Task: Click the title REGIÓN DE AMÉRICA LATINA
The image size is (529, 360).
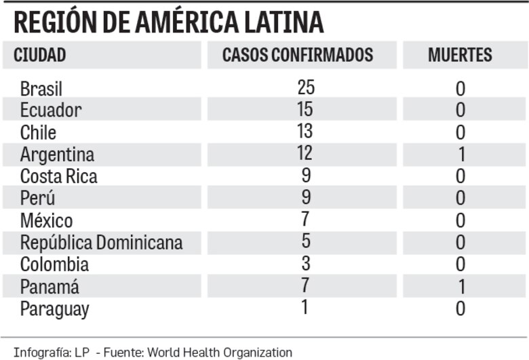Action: point(168,23)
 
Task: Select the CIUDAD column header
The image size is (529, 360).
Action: point(40,56)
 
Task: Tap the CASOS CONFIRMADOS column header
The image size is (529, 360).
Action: point(298,56)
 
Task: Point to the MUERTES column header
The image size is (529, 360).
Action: point(460,56)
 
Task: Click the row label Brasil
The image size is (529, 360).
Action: point(41,89)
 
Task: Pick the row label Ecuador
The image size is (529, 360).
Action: point(51,110)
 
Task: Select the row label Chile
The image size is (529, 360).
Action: point(38,132)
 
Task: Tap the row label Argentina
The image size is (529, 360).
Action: point(57,155)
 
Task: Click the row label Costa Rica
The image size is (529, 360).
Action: point(58,176)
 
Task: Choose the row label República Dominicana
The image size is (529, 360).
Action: point(101,242)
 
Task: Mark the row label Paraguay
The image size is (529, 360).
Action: point(54,308)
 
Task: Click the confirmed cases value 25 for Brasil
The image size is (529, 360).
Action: point(306,87)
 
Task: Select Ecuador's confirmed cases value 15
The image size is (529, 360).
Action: point(306,108)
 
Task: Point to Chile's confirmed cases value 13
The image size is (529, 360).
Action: point(306,130)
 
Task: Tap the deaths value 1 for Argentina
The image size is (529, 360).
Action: point(461,155)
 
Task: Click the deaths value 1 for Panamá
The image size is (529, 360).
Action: point(461,287)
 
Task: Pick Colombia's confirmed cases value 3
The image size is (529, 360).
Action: point(306,262)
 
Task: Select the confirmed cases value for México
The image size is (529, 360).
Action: point(306,218)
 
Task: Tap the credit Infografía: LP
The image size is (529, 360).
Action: point(42,352)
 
